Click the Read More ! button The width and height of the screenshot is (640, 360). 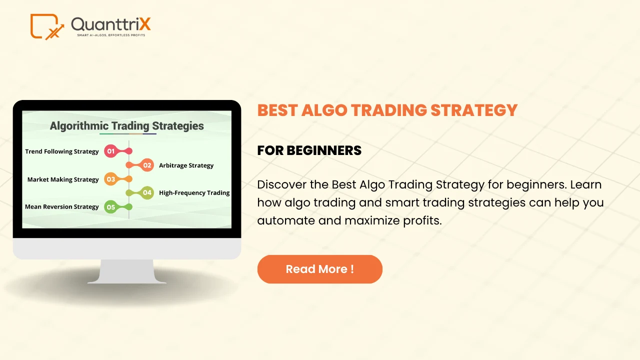click(x=319, y=269)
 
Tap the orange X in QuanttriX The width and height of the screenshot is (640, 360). click(x=145, y=24)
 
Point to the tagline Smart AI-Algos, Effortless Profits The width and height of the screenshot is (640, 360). click(x=111, y=35)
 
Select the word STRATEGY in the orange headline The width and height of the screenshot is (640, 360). click(x=474, y=110)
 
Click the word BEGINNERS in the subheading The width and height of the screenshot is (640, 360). click(x=324, y=150)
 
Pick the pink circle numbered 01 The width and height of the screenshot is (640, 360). click(x=111, y=151)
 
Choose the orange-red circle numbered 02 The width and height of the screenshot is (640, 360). click(x=147, y=165)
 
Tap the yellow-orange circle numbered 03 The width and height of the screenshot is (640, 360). click(x=111, y=179)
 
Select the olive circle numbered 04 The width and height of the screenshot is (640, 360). click(x=147, y=193)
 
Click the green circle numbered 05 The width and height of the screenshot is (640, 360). click(x=111, y=207)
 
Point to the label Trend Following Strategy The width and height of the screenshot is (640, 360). click(x=61, y=151)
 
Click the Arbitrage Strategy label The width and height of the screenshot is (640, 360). click(x=186, y=165)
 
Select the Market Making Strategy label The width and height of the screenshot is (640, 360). click(x=63, y=179)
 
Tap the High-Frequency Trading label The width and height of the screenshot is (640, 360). click(x=194, y=193)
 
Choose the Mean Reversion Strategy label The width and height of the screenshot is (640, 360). click(x=61, y=206)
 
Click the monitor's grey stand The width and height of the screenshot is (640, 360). click(x=127, y=271)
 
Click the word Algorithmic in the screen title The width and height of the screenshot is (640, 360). click(x=79, y=126)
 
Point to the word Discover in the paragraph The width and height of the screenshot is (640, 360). click(x=281, y=184)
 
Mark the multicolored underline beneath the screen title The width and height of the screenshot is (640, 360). click(x=128, y=133)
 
